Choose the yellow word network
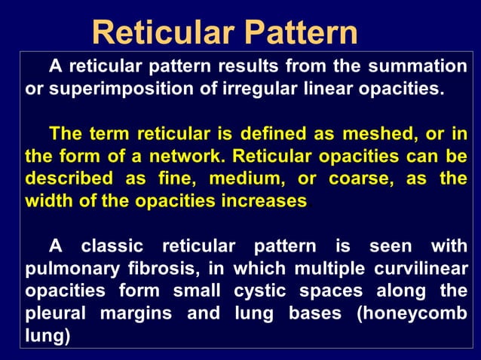pyautogui.click(x=184, y=157)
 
